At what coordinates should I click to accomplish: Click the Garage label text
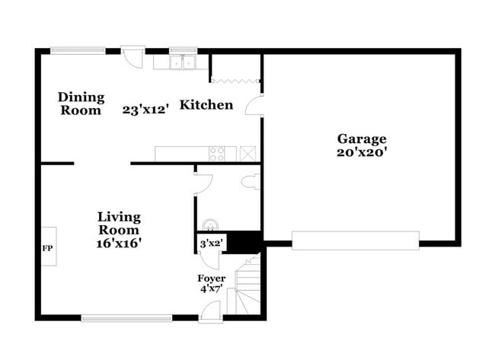(362, 139)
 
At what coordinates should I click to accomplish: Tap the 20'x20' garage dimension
(362, 151)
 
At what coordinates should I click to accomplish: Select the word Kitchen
(206, 105)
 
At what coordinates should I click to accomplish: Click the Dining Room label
(81, 104)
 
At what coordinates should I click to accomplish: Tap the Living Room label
(119, 224)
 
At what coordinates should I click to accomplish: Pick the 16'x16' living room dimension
(119, 243)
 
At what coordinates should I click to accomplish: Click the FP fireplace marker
(47, 248)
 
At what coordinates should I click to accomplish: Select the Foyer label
(212, 279)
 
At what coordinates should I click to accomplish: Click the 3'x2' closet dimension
(209, 244)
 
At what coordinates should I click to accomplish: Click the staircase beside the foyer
(247, 289)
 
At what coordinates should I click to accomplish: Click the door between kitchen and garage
(254, 105)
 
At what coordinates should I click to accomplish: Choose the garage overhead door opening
(356, 241)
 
